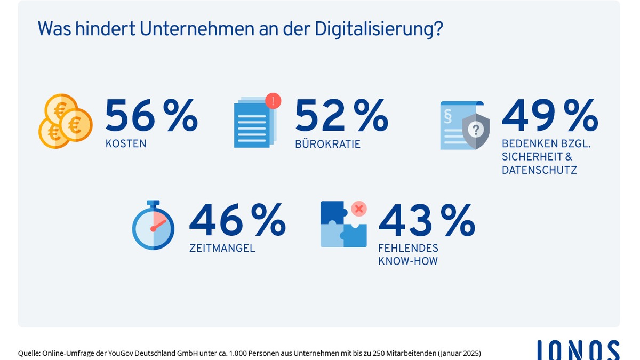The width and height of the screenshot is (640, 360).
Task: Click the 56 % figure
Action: (x=151, y=116)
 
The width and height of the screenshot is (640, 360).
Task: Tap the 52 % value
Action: (x=341, y=116)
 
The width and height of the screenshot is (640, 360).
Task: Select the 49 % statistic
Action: (x=549, y=116)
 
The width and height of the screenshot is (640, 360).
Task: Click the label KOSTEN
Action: (x=126, y=144)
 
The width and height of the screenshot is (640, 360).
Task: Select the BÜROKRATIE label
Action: (x=327, y=144)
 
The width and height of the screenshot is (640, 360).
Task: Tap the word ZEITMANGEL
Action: (x=222, y=248)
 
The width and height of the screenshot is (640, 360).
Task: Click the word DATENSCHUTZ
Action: (x=539, y=170)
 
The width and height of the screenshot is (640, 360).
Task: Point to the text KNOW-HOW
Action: (x=407, y=261)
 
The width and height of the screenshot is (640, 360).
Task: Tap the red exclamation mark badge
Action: (x=273, y=100)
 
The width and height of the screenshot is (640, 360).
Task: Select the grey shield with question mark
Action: (x=476, y=131)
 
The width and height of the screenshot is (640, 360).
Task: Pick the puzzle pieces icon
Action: (x=343, y=225)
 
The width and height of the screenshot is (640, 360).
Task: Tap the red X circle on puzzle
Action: (x=359, y=209)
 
